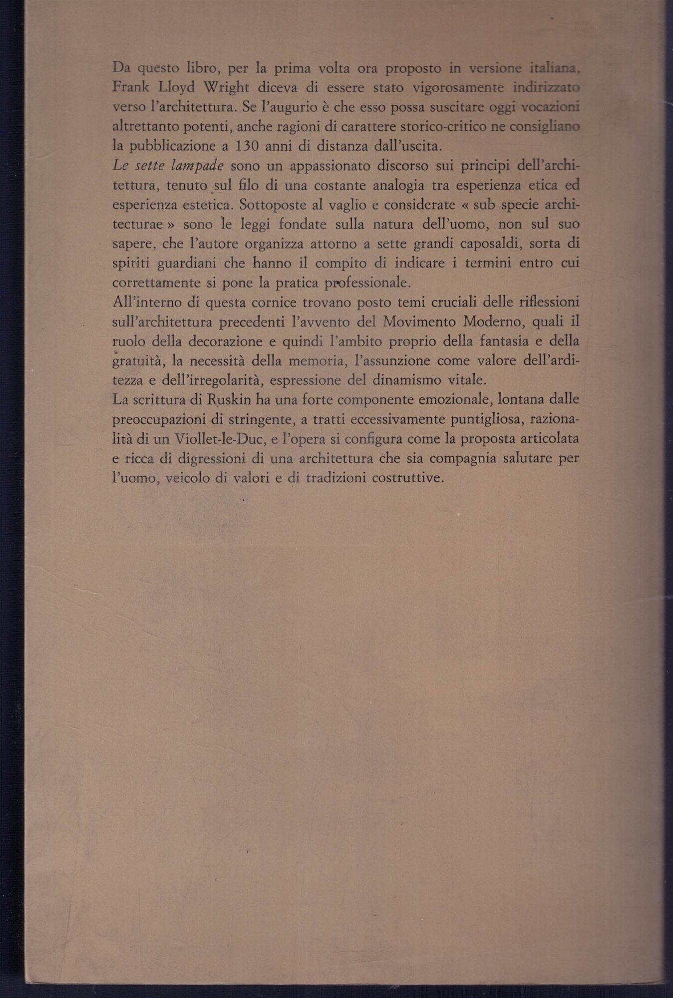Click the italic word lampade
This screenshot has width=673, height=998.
click(197, 166)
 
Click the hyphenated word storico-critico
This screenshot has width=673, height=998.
click(441, 127)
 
